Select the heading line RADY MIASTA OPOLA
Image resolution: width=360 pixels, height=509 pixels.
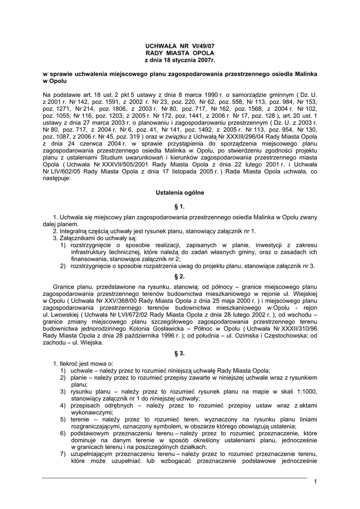pyautogui.click(x=180, y=52)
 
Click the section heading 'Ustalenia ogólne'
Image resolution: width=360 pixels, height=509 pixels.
pyautogui.click(x=180, y=192)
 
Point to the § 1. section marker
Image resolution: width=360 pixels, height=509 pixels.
pyautogui.click(x=180, y=206)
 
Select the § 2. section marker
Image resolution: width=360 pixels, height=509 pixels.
pyautogui.click(x=180, y=276)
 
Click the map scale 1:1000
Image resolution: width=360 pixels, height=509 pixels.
pyautogui.click(x=306, y=392)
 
